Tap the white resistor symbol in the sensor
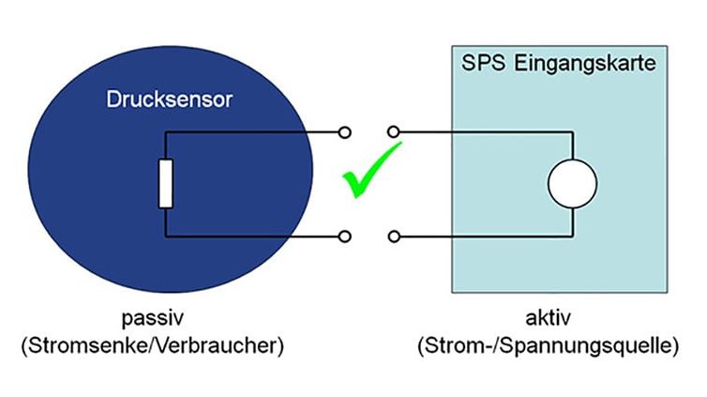(x=165, y=183)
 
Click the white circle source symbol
(x=572, y=183)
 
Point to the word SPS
(x=481, y=65)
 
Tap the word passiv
(x=152, y=319)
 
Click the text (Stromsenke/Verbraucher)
(x=152, y=345)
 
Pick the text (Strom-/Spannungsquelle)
(x=548, y=345)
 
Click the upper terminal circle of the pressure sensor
(x=347, y=132)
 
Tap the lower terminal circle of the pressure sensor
(x=347, y=236)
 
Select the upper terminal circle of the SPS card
(x=394, y=132)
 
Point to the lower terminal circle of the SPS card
(x=394, y=236)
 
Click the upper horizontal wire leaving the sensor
(x=253, y=132)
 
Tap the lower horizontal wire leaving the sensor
(x=253, y=236)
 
